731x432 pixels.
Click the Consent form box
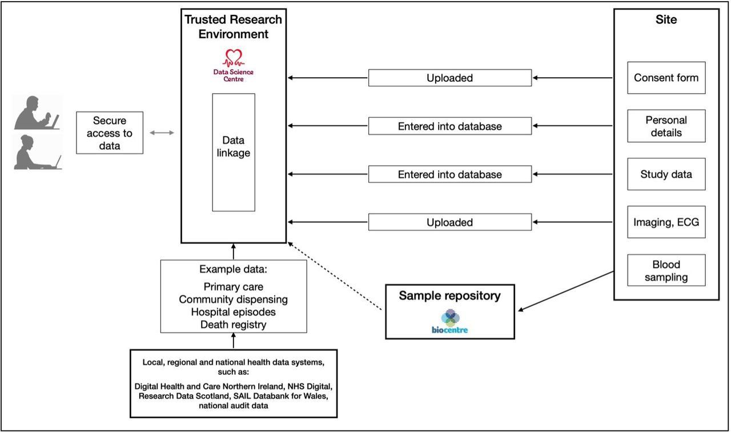coord(666,78)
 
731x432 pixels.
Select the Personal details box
coord(666,126)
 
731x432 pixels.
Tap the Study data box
coord(666,174)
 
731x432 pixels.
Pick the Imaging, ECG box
coord(666,222)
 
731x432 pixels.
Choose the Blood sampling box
coord(666,270)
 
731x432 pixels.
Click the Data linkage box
coord(234,153)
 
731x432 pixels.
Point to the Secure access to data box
coord(110,133)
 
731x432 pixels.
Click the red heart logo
coord(234,58)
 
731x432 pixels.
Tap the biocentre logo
coord(449,322)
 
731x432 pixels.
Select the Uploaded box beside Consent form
coord(450,78)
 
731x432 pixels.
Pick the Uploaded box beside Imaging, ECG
coord(450,222)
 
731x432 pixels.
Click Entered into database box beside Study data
coord(450,174)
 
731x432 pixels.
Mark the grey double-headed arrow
coord(162,133)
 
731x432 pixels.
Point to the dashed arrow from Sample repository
coord(335,276)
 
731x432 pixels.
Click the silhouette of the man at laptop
coord(37,113)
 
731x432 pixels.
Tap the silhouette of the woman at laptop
coord(38,153)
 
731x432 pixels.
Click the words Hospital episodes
coord(234,312)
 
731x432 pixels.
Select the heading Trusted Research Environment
coord(234,26)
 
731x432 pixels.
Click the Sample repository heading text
coord(449,296)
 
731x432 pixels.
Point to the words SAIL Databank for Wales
coord(280,396)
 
